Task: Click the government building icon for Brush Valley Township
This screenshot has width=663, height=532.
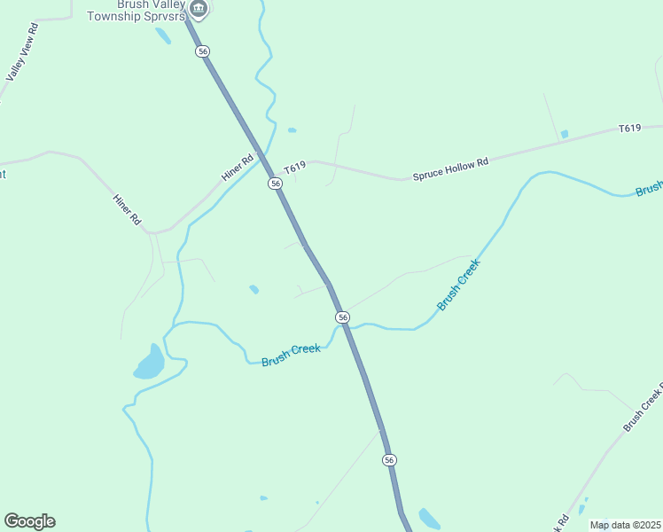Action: (199, 10)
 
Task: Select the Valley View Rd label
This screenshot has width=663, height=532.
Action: (21, 53)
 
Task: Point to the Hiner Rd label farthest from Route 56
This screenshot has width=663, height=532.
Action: (128, 208)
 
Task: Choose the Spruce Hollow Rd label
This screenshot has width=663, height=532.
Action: (450, 169)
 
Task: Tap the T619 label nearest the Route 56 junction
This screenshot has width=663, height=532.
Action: (295, 168)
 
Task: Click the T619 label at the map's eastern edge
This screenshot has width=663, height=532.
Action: (629, 129)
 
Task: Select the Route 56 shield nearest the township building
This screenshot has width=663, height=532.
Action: (203, 51)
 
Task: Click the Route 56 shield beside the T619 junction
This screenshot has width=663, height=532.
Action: (276, 184)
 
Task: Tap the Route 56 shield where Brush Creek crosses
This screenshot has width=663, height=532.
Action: (342, 317)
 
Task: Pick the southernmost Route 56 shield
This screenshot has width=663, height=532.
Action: (389, 459)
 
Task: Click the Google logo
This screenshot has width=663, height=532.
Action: (30, 521)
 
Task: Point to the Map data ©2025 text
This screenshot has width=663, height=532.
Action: (625, 525)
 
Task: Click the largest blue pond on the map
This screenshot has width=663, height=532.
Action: (150, 363)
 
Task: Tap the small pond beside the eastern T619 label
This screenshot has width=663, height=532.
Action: (565, 134)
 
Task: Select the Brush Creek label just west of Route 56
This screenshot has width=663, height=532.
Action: (291, 356)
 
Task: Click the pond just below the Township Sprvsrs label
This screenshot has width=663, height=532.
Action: (163, 35)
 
